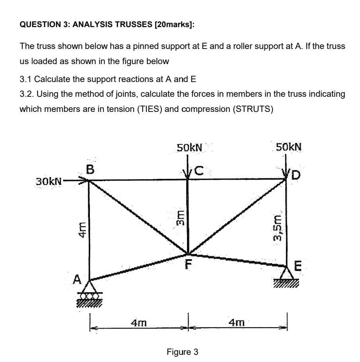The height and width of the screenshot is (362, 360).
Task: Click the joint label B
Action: coord(90,170)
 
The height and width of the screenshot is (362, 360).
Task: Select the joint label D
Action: coord(296,174)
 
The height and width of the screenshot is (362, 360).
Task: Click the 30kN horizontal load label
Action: coord(49,182)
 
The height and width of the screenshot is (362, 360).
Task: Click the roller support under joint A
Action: coord(89,296)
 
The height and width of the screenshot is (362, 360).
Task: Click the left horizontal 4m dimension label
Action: coord(139,322)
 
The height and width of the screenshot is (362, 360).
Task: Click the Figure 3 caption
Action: coord(183,352)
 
